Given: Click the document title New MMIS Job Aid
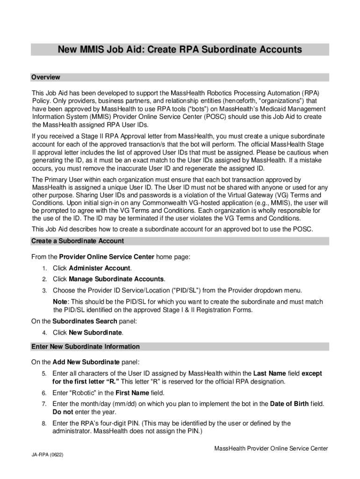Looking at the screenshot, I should click(180, 50).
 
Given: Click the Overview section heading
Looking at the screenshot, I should click(45, 77).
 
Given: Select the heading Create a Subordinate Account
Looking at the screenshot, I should click(77, 241).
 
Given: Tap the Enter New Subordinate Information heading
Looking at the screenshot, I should click(85, 347).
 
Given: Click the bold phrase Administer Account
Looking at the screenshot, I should click(100, 268).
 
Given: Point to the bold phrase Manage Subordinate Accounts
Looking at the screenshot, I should click(116, 279).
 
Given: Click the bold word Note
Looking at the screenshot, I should click(60, 302).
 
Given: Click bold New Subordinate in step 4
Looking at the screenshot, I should click(95, 333).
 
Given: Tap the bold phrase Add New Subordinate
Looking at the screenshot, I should click(86, 362).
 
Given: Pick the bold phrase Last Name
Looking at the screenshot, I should click(269, 373).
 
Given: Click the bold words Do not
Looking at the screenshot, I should click(63, 412).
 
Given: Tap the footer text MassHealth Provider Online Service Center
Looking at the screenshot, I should click(271, 449).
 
